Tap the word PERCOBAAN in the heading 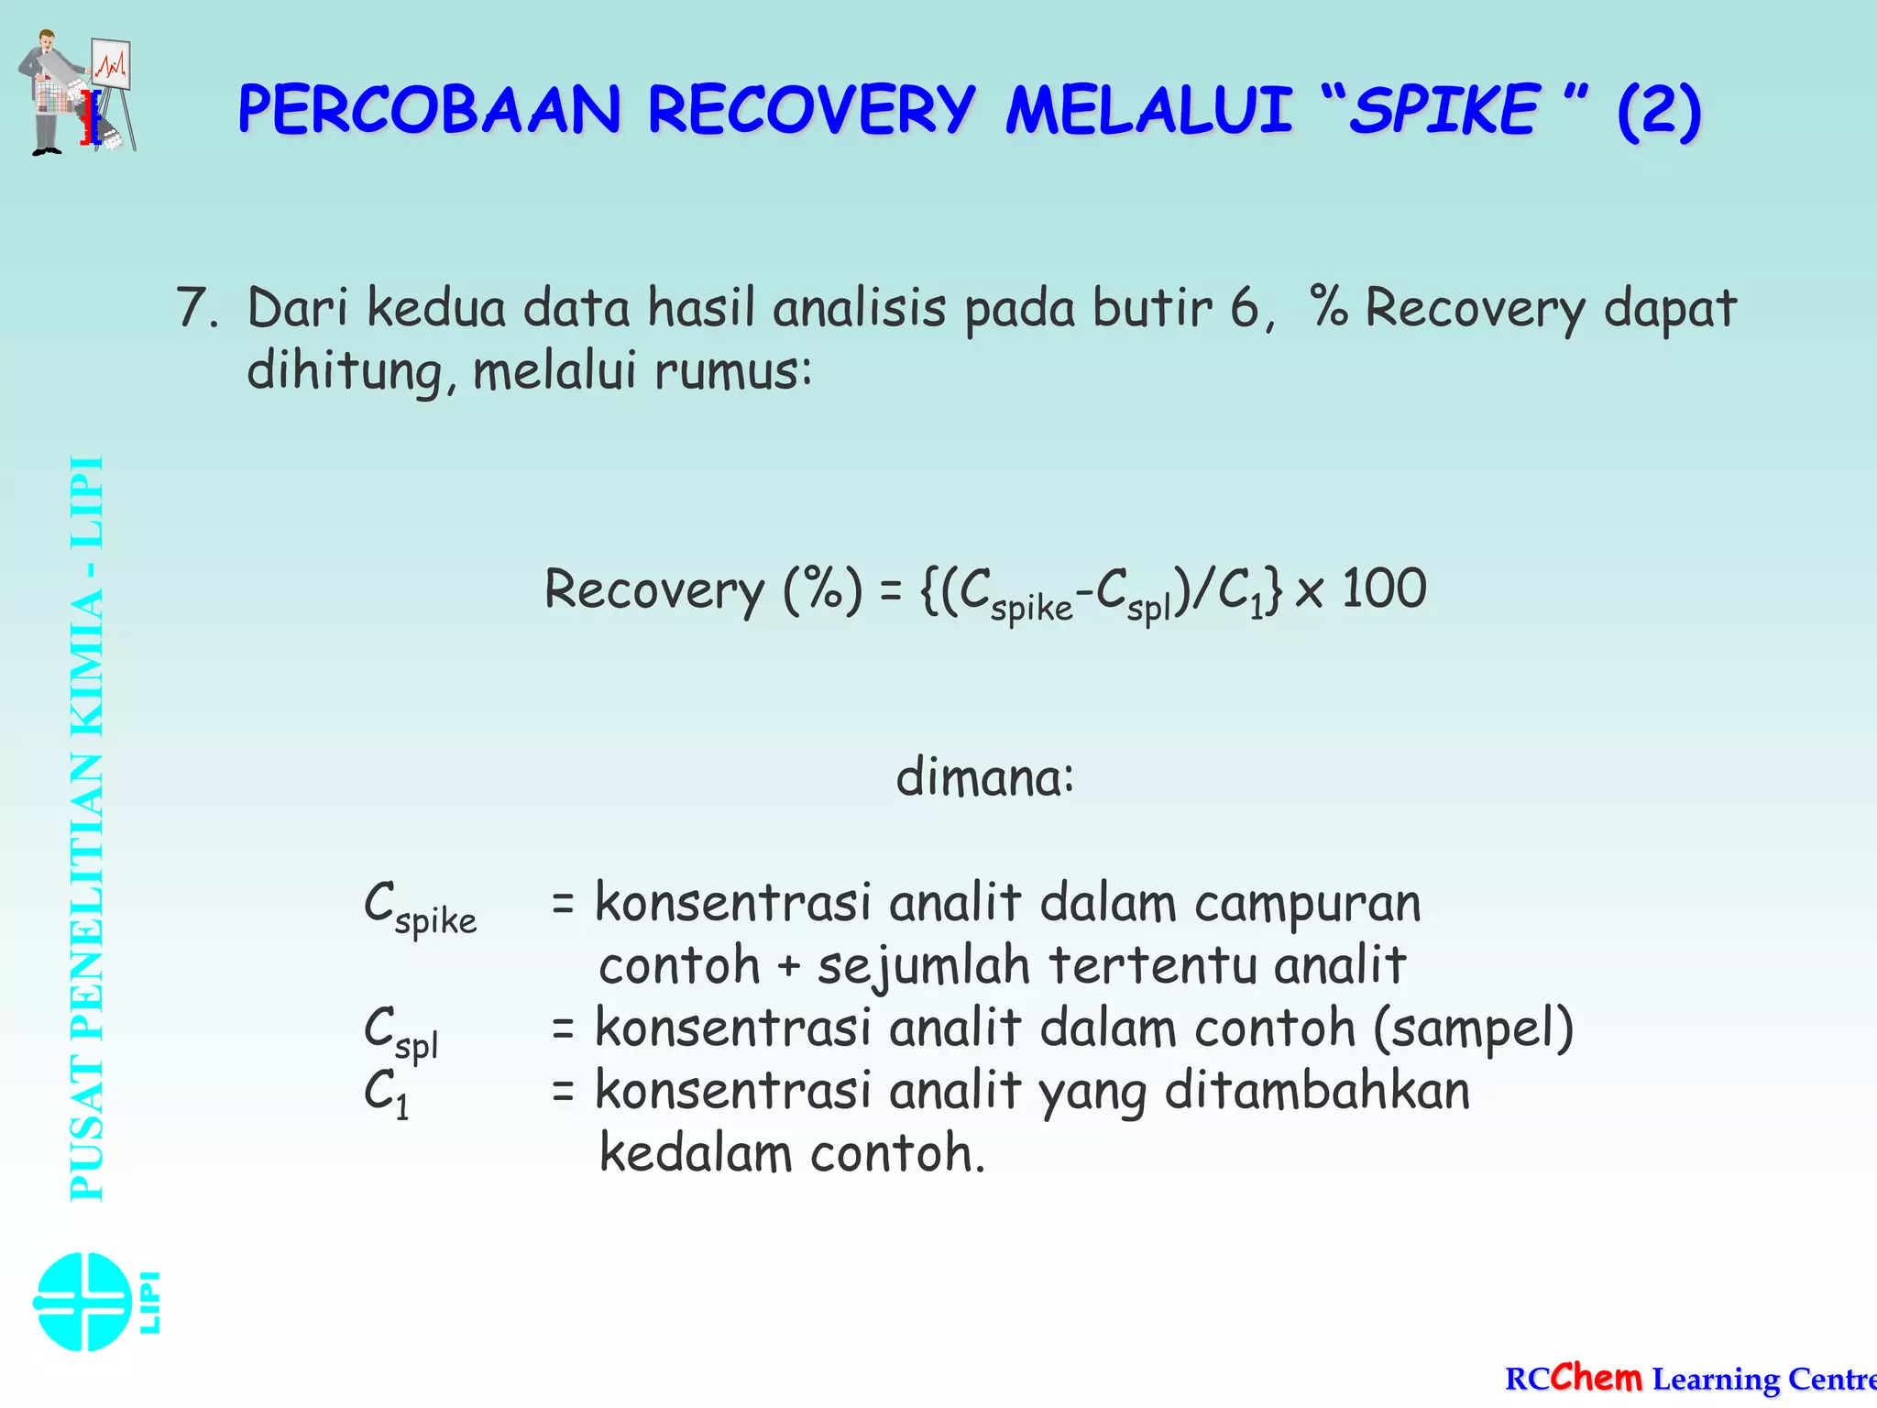click(429, 110)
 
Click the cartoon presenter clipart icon click(77, 92)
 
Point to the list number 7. click(196, 308)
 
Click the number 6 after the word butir click(1245, 308)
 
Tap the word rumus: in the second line click(733, 371)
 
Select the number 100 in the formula click(1384, 588)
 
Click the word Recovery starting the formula click(654, 589)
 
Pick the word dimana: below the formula click(984, 777)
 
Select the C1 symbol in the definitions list click(386, 1093)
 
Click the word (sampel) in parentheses click(1473, 1028)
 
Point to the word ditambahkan click(1317, 1091)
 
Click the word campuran click(1308, 904)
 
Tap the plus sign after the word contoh click(788, 967)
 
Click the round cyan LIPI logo click(82, 1302)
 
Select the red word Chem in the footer click(1597, 1377)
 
